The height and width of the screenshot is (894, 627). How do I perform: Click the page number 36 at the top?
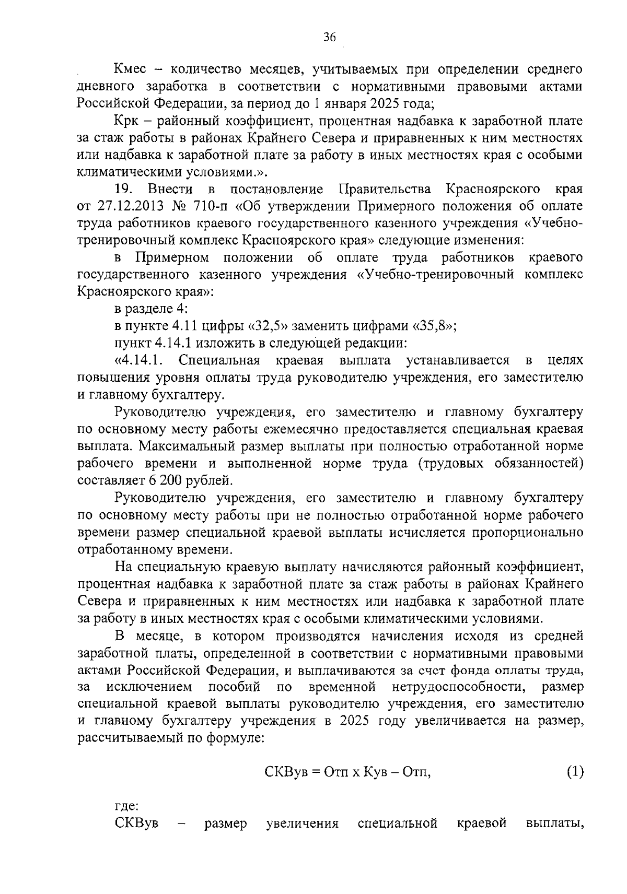[329, 37]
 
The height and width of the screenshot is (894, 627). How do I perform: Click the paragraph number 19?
[123, 189]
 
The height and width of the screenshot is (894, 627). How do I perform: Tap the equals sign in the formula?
[316, 772]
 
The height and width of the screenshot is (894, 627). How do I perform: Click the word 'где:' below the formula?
[126, 806]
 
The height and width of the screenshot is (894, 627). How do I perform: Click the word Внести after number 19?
[170, 189]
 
